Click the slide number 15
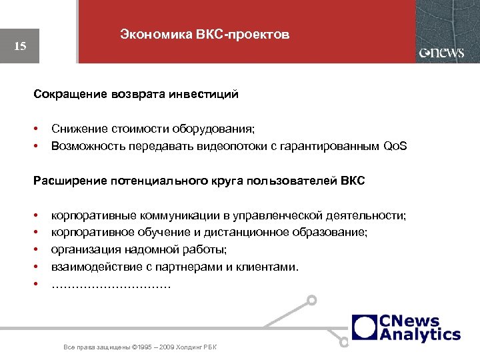click(20, 46)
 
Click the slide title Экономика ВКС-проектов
click(205, 35)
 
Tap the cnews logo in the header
click(441, 53)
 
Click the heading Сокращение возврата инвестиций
click(136, 95)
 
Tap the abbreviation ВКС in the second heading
click(352, 181)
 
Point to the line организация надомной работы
click(139, 250)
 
